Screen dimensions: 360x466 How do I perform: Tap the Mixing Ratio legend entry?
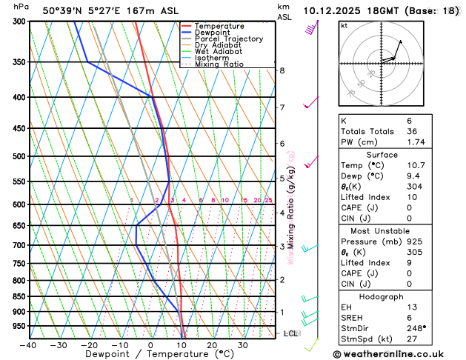point(219,64)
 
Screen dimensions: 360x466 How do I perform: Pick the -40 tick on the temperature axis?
point(28,344)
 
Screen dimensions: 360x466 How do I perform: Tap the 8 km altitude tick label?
point(282,70)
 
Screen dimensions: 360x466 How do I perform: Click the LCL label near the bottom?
point(291,334)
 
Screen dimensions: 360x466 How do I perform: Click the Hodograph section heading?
point(382,296)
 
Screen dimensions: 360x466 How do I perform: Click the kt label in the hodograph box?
point(344,25)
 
